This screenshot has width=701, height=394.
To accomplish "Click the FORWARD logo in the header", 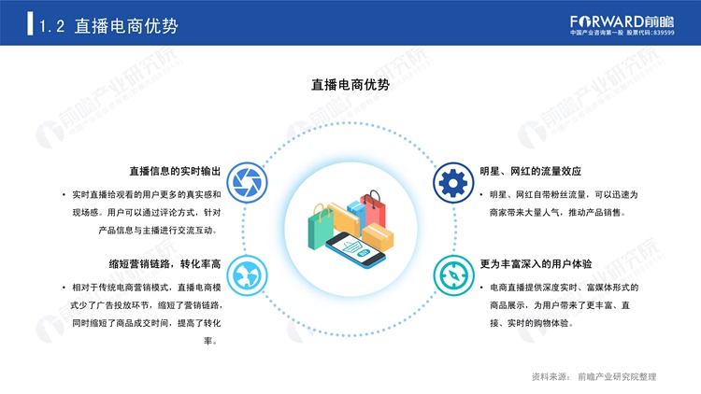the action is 622,21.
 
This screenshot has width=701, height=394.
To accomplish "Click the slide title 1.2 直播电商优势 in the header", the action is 108,26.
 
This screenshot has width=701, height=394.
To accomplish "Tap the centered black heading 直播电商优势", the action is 350,84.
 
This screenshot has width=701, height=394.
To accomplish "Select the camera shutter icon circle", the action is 248,183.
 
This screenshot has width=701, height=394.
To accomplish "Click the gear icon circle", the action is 453,183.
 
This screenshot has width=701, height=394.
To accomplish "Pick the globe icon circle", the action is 248,275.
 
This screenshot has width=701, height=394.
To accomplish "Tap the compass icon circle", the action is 453,275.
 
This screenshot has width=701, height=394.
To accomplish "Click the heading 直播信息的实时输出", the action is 175,171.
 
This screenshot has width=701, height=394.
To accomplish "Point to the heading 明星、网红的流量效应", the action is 531,171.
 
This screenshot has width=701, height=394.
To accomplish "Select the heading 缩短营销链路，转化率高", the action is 165,264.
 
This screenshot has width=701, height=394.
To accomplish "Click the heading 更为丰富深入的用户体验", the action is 536,264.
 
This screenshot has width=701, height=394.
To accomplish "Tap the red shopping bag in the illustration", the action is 374,209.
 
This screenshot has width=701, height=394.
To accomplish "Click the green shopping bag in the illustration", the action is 320,227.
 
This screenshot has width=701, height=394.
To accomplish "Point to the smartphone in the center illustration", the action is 355,250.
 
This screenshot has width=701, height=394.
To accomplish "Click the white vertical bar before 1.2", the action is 30,23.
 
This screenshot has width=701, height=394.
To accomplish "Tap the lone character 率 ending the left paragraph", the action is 207,341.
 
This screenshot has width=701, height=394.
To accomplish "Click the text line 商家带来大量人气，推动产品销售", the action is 557,213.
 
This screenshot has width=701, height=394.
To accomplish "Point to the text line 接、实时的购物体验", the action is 532,323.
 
